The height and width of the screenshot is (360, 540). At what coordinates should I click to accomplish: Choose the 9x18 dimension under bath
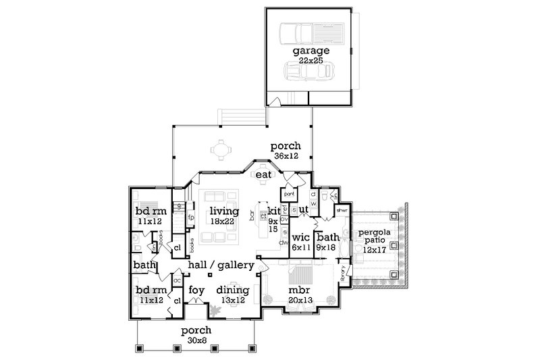327,248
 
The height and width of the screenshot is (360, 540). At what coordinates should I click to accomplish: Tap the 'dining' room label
232,290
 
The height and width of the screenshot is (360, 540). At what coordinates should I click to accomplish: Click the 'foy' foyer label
196,290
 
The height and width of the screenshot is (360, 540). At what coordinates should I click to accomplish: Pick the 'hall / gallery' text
221,265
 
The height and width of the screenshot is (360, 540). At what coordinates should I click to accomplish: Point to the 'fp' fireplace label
190,218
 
